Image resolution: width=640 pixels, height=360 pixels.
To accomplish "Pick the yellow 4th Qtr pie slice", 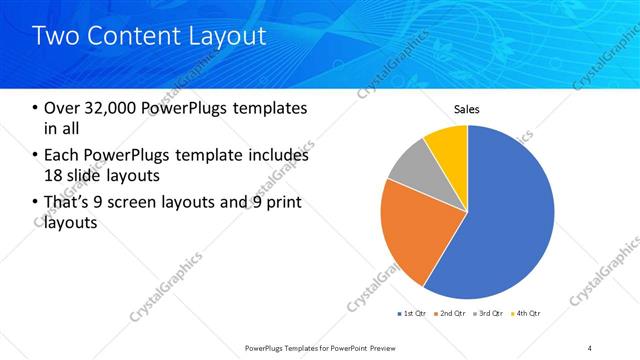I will click(446, 145).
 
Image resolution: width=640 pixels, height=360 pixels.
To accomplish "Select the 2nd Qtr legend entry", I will click(451, 314).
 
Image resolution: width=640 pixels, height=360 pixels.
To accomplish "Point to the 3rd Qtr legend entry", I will click(490, 314).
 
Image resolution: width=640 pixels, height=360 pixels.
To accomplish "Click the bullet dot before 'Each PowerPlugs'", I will click(36, 156).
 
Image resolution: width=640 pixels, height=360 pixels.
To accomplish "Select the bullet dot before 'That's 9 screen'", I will click(36, 203).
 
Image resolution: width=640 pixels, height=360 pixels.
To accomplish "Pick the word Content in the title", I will click(135, 37).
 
